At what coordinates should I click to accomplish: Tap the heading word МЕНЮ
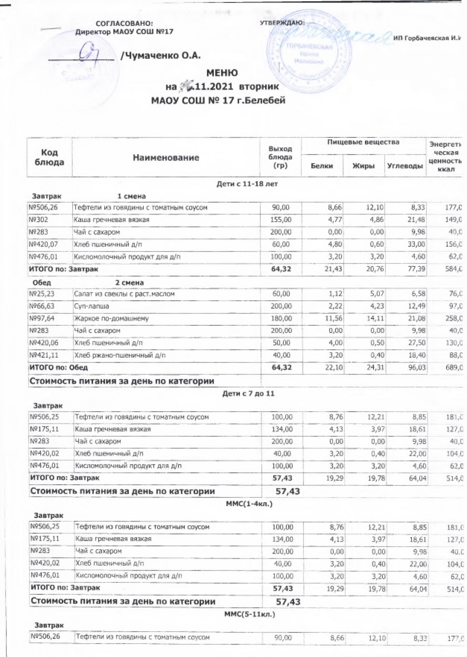222,73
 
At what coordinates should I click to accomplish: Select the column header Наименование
166,158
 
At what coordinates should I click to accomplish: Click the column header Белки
322,166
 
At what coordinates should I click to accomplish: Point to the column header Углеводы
405,166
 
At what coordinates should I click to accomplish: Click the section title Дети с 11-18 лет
247,184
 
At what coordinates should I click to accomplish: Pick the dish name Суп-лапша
92,306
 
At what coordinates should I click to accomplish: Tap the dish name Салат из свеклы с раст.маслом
124,294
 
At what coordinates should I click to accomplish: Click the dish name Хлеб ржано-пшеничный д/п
120,355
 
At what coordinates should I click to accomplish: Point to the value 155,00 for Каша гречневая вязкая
281,219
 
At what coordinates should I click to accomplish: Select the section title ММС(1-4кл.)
249,504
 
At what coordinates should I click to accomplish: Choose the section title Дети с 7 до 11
248,394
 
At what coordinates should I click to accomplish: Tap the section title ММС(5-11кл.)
249,614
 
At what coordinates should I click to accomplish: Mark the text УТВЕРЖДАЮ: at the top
282,23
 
